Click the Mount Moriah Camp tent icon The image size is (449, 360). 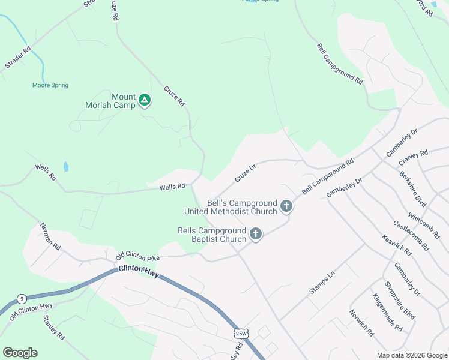pos(145,100)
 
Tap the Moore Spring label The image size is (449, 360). pos(50,86)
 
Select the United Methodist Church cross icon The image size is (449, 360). pos(286,207)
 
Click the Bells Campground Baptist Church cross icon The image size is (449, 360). pos(256,234)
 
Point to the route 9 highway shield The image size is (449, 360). pos(22,298)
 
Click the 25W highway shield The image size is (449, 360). pos(241,333)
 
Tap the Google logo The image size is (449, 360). pos(20,353)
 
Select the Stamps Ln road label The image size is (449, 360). pos(322,283)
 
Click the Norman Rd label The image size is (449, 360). pos(50,236)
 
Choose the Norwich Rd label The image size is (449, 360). pos(362,322)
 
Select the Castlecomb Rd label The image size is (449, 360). pos(411,235)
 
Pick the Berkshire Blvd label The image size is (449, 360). pos(413,188)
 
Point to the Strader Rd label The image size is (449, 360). pos(17,59)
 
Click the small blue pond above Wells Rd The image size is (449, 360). pos(65,166)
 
